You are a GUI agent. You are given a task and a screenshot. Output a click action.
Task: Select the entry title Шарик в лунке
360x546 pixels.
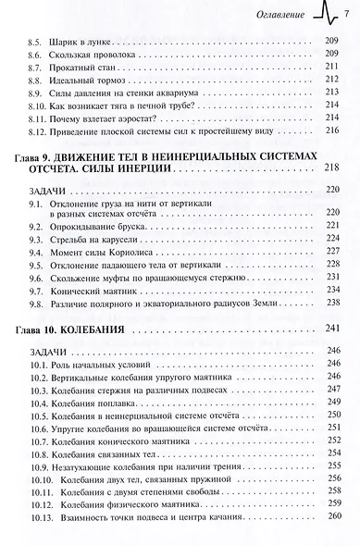[x=88, y=42]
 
